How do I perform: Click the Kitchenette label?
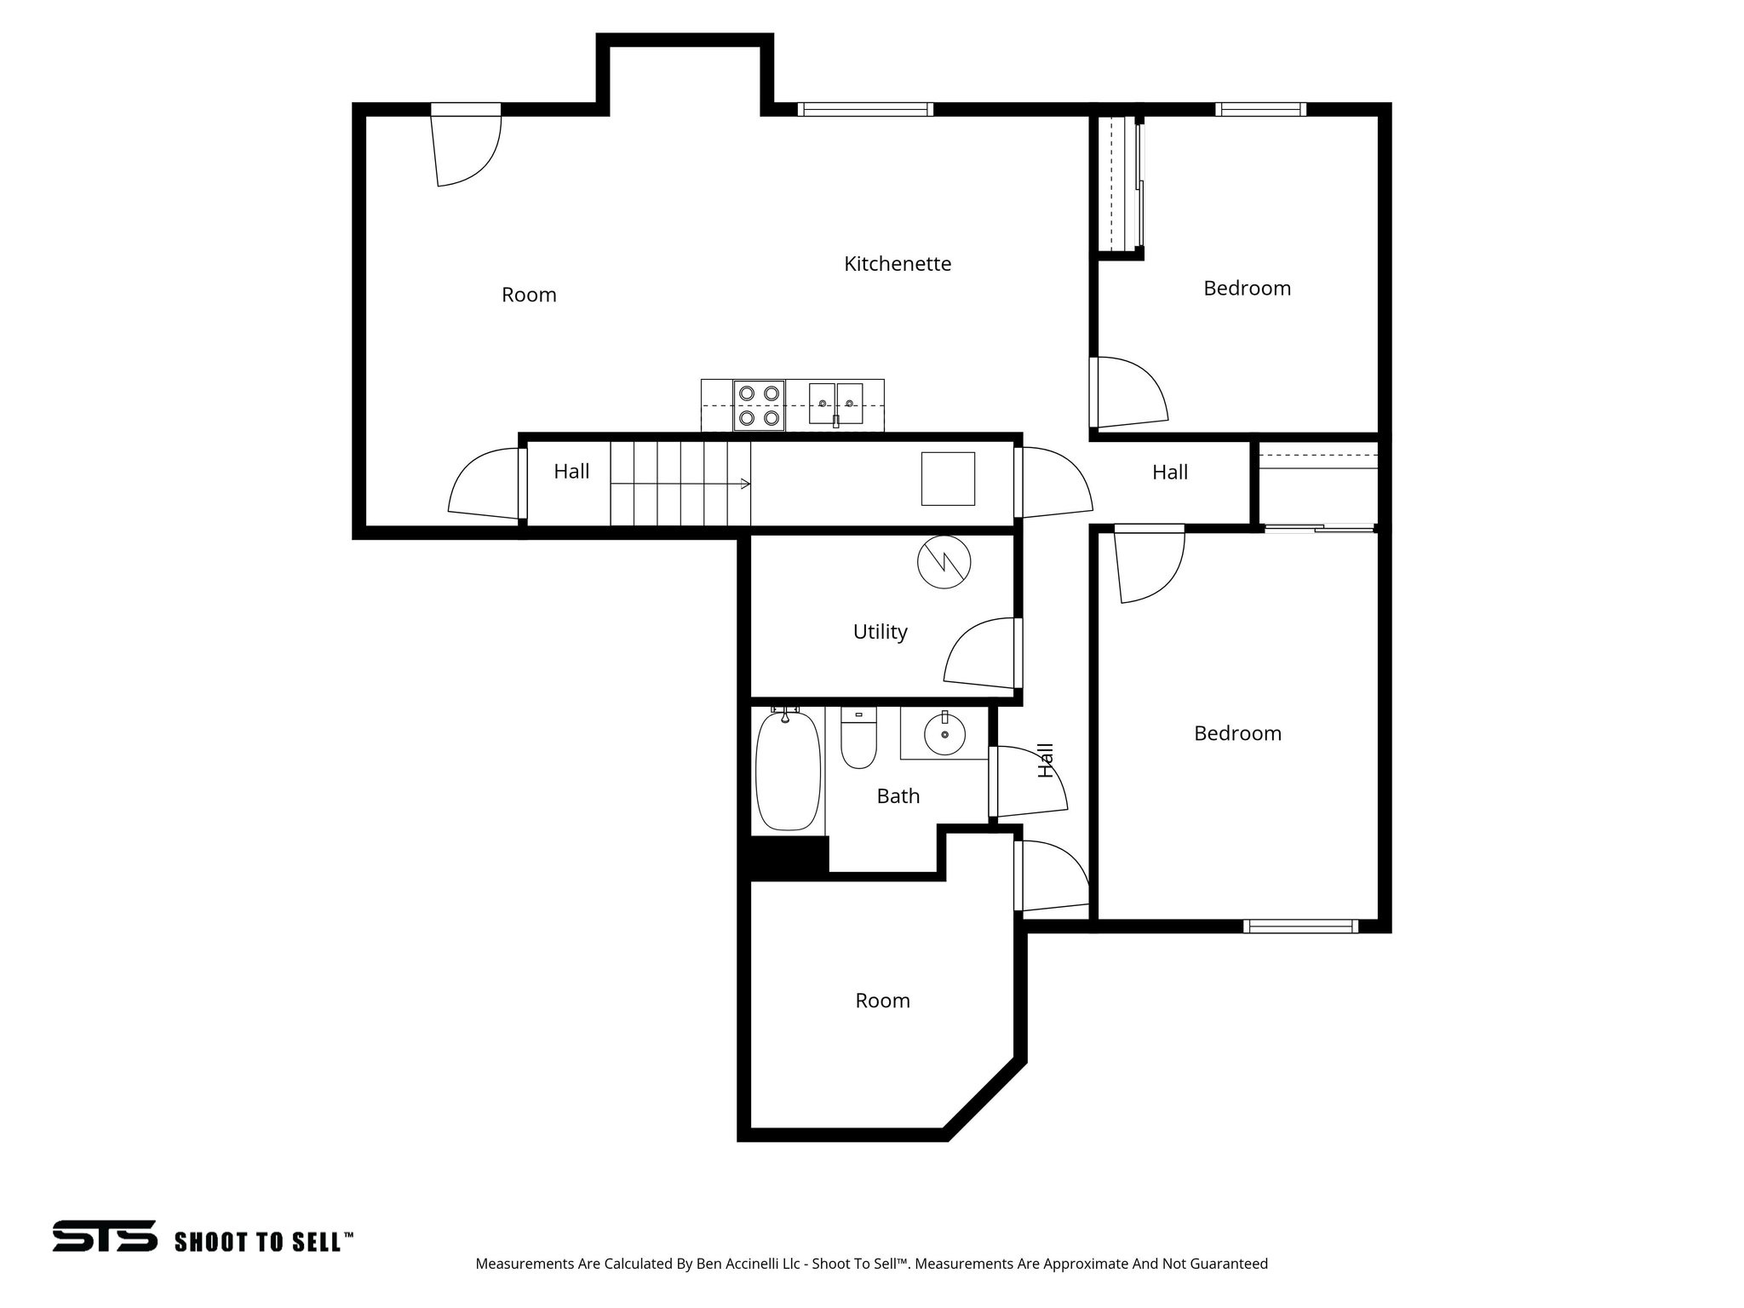[897, 264]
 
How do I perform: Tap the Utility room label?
[880, 632]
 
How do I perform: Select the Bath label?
[898, 796]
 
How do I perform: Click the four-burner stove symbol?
[759, 405]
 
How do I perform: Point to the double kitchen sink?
[835, 404]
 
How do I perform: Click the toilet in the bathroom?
[858, 739]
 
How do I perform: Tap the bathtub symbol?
[788, 771]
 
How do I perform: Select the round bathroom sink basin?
[944, 735]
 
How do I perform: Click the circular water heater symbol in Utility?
[944, 562]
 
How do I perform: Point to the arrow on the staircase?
[744, 484]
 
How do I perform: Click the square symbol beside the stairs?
[948, 479]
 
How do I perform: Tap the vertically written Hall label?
[1047, 760]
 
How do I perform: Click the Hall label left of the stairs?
[571, 472]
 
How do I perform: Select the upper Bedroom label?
[1247, 289]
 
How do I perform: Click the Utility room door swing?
[979, 656]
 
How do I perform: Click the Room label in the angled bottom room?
[882, 1001]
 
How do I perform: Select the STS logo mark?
[104, 1236]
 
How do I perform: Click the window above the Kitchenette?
[865, 109]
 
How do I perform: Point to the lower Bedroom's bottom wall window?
[1300, 926]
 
